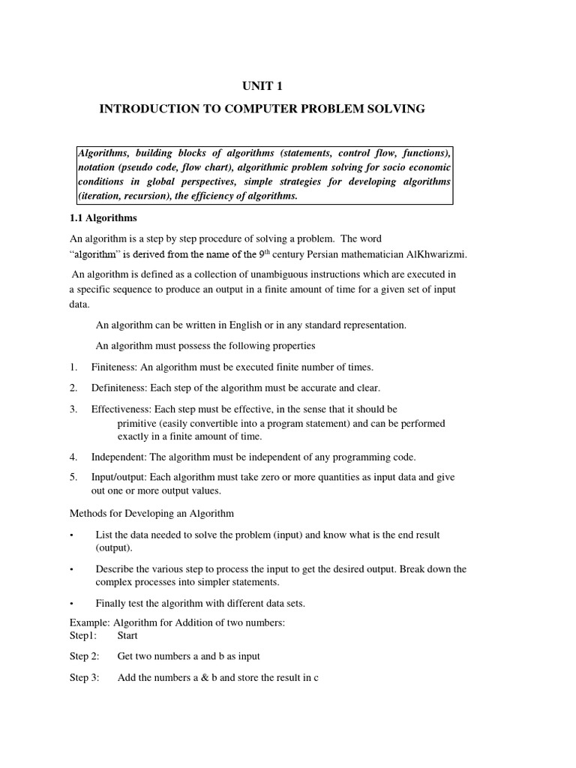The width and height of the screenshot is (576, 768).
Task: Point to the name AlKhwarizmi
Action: click(435, 255)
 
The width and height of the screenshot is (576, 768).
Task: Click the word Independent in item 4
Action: click(119, 457)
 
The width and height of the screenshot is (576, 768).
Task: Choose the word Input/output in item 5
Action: click(118, 478)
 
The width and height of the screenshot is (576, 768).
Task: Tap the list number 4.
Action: click(73, 457)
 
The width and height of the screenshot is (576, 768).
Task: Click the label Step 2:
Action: click(85, 656)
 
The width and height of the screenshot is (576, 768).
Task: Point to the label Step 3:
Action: click(85, 678)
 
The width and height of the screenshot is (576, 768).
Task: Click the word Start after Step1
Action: click(127, 636)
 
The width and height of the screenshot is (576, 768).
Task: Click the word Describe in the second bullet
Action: click(114, 569)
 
